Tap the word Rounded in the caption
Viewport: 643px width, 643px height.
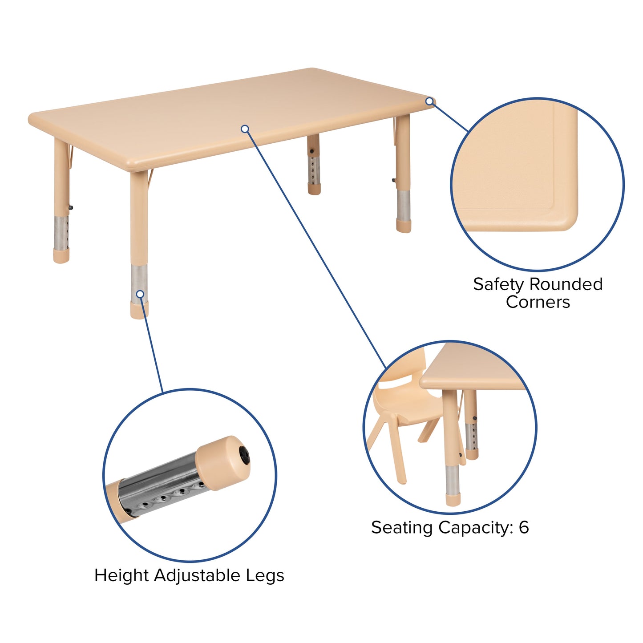pos(566,284)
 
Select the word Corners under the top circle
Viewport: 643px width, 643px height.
pos(538,302)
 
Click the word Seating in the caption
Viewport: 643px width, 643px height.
pos(402,528)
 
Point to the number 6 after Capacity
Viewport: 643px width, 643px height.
pos(524,527)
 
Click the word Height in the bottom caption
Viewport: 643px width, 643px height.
pos(121,575)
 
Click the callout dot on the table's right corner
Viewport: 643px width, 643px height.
pos(429,101)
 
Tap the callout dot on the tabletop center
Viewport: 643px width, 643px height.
pos(245,129)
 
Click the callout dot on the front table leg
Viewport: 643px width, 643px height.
pos(140,294)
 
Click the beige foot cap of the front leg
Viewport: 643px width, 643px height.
pos(139,311)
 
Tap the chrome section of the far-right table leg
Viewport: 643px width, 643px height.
pos(404,205)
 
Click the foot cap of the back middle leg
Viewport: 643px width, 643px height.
pos(314,190)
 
